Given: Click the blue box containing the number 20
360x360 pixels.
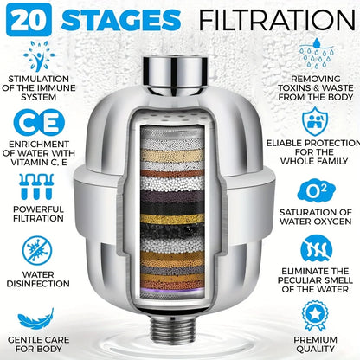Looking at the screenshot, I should tap(26, 19).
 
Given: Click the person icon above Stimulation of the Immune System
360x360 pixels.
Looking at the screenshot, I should tap(38, 58).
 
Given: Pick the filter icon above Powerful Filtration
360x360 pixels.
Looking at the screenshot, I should tap(39, 185).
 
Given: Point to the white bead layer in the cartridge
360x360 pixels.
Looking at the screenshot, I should tap(180, 183).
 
